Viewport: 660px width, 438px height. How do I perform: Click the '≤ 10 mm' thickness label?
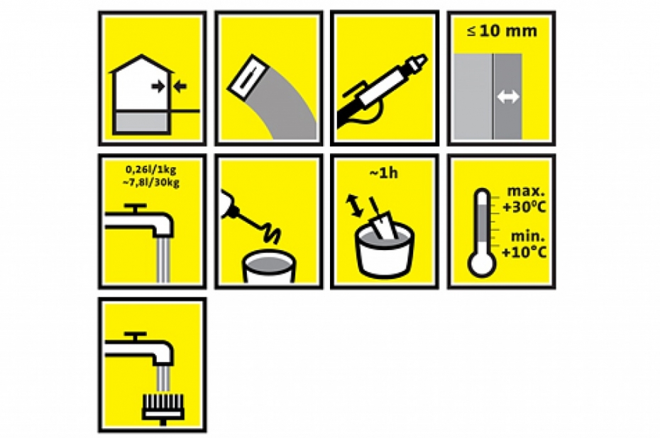[x=501, y=31]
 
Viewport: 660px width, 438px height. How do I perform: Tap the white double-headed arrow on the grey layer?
[x=508, y=97]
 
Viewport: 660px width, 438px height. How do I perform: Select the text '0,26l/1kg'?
[x=150, y=169]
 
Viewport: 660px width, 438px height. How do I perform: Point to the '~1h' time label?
[x=383, y=173]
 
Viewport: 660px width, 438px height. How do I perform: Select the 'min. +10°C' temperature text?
[x=524, y=245]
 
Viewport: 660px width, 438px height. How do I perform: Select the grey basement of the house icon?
[x=141, y=121]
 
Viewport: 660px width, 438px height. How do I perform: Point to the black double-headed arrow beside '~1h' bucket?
[x=354, y=206]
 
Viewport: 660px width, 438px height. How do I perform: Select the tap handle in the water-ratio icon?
[x=136, y=207]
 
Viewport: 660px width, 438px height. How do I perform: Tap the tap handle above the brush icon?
[x=136, y=336]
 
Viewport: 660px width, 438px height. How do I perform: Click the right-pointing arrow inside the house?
[x=158, y=86]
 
